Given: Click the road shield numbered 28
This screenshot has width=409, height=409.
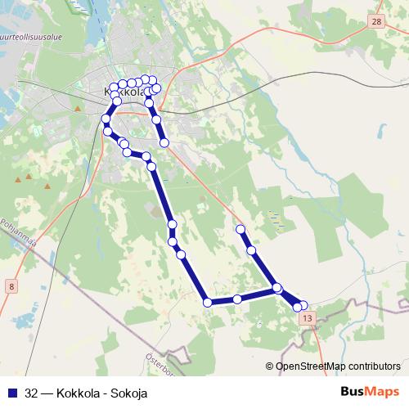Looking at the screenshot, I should pyautogui.click(x=375, y=23).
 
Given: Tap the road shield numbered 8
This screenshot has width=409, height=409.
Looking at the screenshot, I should pyautogui.click(x=11, y=286).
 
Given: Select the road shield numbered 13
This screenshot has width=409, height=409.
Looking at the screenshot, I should pyautogui.click(x=306, y=317).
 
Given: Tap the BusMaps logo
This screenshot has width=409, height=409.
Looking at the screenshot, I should pyautogui.click(x=371, y=391).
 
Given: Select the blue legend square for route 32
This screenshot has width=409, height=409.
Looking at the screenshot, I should pyautogui.click(x=11, y=392).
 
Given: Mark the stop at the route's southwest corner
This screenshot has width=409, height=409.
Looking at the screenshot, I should pyautogui.click(x=208, y=303).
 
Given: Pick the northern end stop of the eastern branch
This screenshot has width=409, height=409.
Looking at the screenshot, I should pyautogui.click(x=240, y=230).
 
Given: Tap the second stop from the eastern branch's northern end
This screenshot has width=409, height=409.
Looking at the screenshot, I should pyautogui.click(x=251, y=250).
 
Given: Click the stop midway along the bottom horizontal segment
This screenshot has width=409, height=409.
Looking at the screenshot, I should pyautogui.click(x=237, y=299).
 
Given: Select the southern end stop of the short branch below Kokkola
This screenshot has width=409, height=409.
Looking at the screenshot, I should pyautogui.click(x=164, y=143).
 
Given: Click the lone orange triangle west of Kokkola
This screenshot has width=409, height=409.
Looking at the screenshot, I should pyautogui.click(x=77, y=107).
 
